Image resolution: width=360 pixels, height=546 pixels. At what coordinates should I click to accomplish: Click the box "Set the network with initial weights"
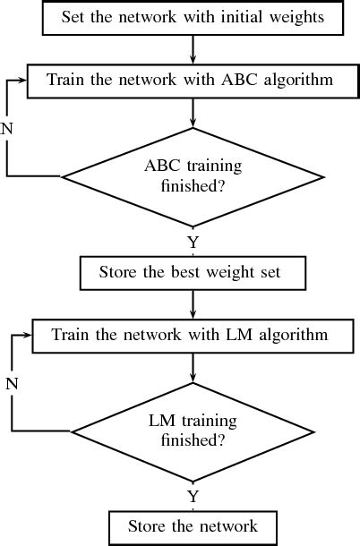193,17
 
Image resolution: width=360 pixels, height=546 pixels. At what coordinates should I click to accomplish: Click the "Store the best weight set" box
193,272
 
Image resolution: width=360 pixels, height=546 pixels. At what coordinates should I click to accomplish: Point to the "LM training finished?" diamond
193,431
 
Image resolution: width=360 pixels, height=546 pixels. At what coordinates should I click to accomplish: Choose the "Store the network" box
193,526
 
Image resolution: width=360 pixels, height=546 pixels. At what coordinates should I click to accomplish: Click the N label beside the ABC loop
8,128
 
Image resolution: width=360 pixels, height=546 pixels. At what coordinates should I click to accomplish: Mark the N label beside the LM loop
12,384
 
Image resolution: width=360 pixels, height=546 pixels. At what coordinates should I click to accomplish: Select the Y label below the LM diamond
193,495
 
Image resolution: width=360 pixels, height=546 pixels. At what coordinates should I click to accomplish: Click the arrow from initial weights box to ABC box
193,48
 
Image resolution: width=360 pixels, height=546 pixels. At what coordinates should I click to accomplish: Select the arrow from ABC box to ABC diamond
193,112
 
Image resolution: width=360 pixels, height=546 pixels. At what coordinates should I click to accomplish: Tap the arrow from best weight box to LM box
193,304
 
